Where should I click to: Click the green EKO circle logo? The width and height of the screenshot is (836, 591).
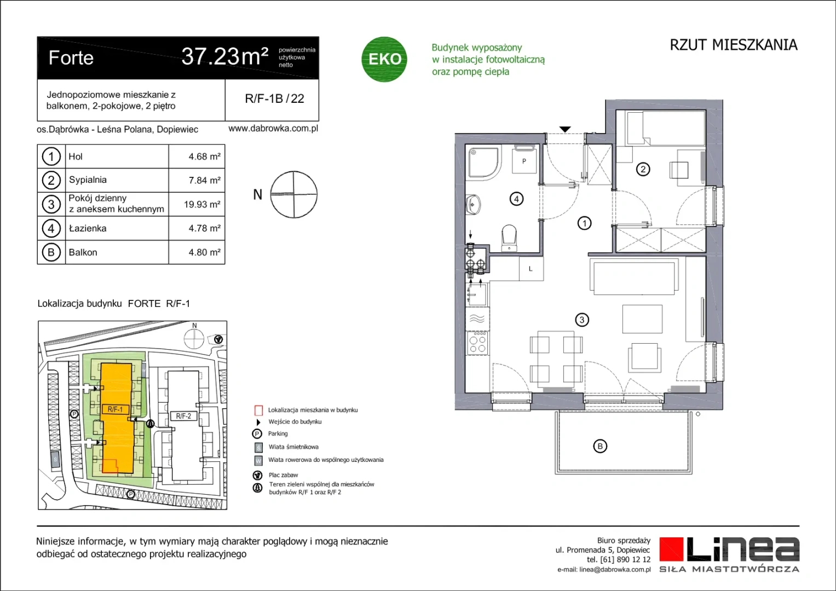[x=384, y=59]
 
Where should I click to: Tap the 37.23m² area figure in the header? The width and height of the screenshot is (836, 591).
[x=225, y=56]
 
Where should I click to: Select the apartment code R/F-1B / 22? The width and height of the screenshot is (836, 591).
[x=274, y=99]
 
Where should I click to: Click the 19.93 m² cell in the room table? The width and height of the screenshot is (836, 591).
[x=202, y=204]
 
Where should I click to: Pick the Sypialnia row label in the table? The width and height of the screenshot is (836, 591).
[x=88, y=179]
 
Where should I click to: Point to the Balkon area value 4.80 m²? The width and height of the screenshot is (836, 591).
[x=205, y=252]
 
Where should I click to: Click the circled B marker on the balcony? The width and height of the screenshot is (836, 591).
[x=600, y=446]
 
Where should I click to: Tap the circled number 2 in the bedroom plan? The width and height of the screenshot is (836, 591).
[x=643, y=170]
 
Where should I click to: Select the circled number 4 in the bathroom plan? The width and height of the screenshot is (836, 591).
[x=516, y=199]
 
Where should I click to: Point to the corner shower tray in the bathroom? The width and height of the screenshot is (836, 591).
[x=483, y=163]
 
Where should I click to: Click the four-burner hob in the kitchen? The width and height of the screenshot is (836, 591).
[x=477, y=343]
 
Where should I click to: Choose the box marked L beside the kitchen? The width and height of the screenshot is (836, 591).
[x=531, y=269]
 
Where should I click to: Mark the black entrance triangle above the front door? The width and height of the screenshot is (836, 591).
[x=565, y=129]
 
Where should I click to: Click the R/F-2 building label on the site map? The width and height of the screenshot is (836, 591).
[x=183, y=416]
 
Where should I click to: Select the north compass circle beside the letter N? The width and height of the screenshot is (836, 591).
[x=293, y=194]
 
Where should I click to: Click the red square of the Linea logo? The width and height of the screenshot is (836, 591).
[x=671, y=549]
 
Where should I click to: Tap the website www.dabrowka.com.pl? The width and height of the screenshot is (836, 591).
[x=273, y=129]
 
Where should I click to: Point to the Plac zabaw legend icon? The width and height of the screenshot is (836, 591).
[x=257, y=475]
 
